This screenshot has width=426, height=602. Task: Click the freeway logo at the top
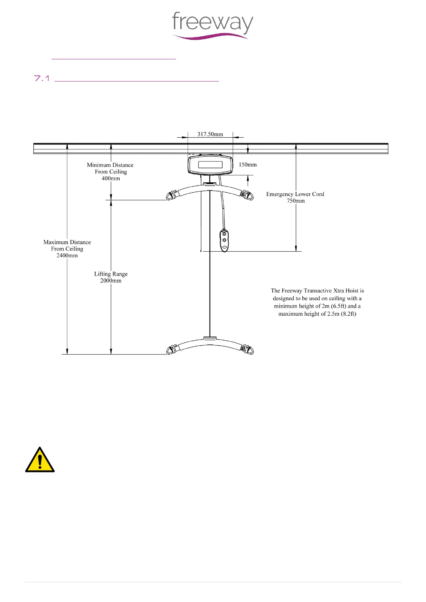(212, 25)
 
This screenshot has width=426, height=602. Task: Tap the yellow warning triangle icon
(40, 460)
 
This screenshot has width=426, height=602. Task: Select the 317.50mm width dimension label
(210, 134)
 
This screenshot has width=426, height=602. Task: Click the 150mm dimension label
(248, 164)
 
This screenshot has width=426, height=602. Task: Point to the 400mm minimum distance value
(111, 178)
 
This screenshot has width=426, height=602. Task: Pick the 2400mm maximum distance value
(67, 255)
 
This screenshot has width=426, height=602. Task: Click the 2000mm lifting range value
(111, 281)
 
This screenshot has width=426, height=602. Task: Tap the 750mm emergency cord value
(296, 201)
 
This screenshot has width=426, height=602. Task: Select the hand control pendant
(224, 240)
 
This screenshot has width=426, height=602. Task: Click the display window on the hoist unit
(210, 165)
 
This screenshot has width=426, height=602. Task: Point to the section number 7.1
(41, 79)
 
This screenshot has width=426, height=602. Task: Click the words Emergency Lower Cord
(295, 194)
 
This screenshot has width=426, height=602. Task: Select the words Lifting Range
(111, 274)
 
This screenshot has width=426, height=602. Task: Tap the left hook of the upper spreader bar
(172, 195)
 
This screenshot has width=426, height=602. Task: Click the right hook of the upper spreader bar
(248, 195)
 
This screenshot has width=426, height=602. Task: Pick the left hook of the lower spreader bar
(172, 349)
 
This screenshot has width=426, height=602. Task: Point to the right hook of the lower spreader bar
(248, 349)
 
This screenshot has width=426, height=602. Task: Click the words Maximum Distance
(67, 242)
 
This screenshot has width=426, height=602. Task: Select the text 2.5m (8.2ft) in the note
(342, 314)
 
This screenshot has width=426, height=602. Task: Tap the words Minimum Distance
(110, 165)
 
